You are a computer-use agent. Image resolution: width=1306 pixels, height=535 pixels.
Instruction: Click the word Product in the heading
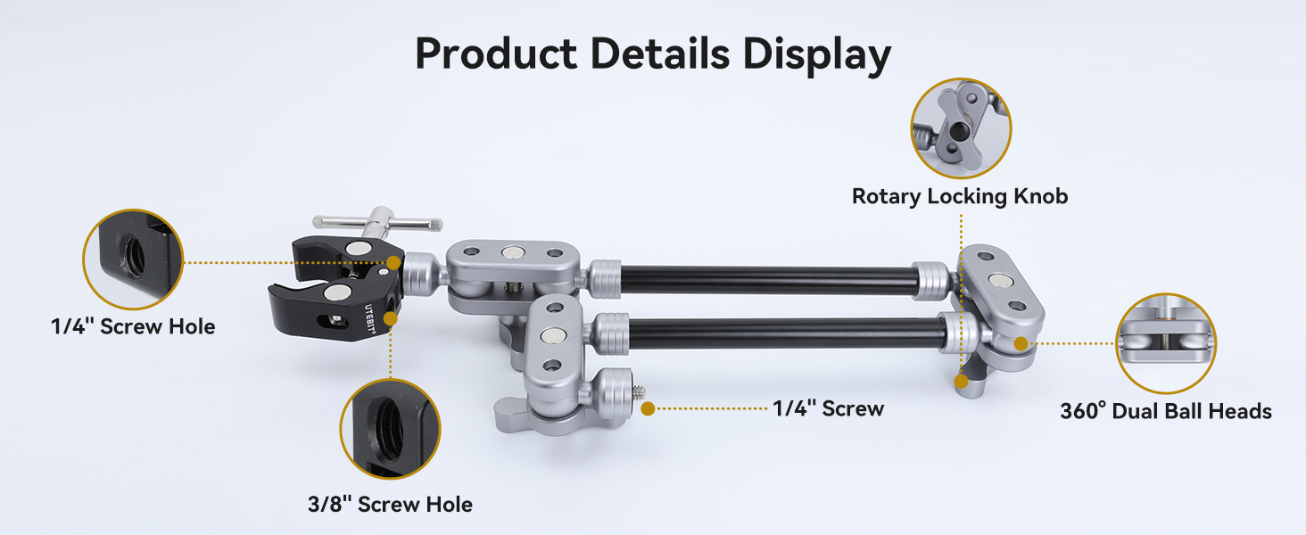pos(496,53)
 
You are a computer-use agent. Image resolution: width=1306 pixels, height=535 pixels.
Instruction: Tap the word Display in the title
pos(817,55)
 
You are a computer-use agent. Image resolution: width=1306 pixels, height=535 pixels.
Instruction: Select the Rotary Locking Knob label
pos(960,196)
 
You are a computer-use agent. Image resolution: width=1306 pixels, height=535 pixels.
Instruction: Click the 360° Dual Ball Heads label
pos(1165,411)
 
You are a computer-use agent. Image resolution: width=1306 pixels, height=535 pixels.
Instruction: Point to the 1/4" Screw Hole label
pos(133,326)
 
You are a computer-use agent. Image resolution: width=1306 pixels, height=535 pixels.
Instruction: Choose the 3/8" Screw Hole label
pos(390,504)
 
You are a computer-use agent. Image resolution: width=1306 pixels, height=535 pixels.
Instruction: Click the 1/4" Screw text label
pos(828,408)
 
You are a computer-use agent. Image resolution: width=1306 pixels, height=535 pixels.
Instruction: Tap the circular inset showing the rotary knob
pos(961,128)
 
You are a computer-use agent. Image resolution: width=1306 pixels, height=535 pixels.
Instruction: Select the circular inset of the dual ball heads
pos(1165,343)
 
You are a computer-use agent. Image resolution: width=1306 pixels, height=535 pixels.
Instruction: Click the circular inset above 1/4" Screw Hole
pos(133,259)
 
